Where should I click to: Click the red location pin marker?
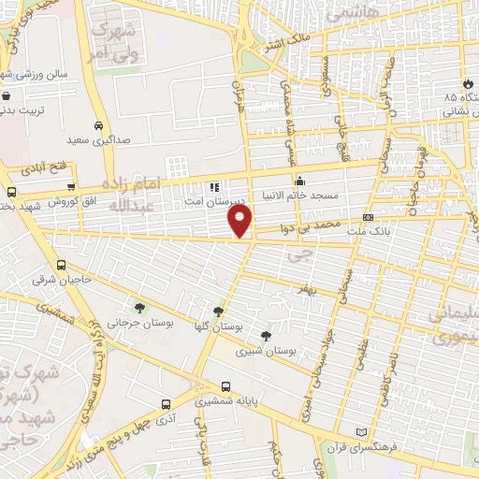coord(240,221)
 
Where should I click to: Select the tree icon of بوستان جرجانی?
coord(138,308)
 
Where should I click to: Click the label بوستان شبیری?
coord(269,351)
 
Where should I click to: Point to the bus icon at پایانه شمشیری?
coord(225,386)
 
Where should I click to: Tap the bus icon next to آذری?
coord(166,404)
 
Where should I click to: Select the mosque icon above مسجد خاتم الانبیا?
coord(299,181)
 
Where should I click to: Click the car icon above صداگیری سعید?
coord(98,124)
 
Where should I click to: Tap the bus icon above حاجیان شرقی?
coord(62,266)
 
